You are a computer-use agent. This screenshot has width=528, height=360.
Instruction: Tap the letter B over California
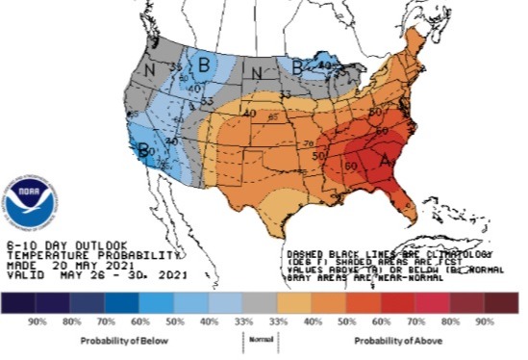143,150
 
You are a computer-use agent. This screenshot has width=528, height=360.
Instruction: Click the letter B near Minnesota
297,66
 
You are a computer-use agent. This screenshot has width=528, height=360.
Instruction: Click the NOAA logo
30,199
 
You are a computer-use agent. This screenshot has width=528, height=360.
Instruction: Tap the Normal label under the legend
255,340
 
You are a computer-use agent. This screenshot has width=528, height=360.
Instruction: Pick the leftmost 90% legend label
40,321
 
